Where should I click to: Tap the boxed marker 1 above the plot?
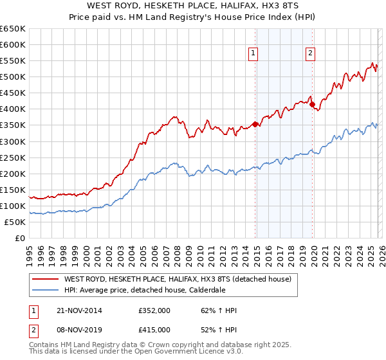click(253, 54)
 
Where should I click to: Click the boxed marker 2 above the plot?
click(310, 54)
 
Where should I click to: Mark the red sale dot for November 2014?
click(255, 124)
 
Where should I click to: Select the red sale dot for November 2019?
click(311, 104)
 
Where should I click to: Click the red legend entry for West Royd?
click(178, 279)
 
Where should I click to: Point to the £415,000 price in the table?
click(154, 330)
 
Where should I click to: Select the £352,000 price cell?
click(154, 310)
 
